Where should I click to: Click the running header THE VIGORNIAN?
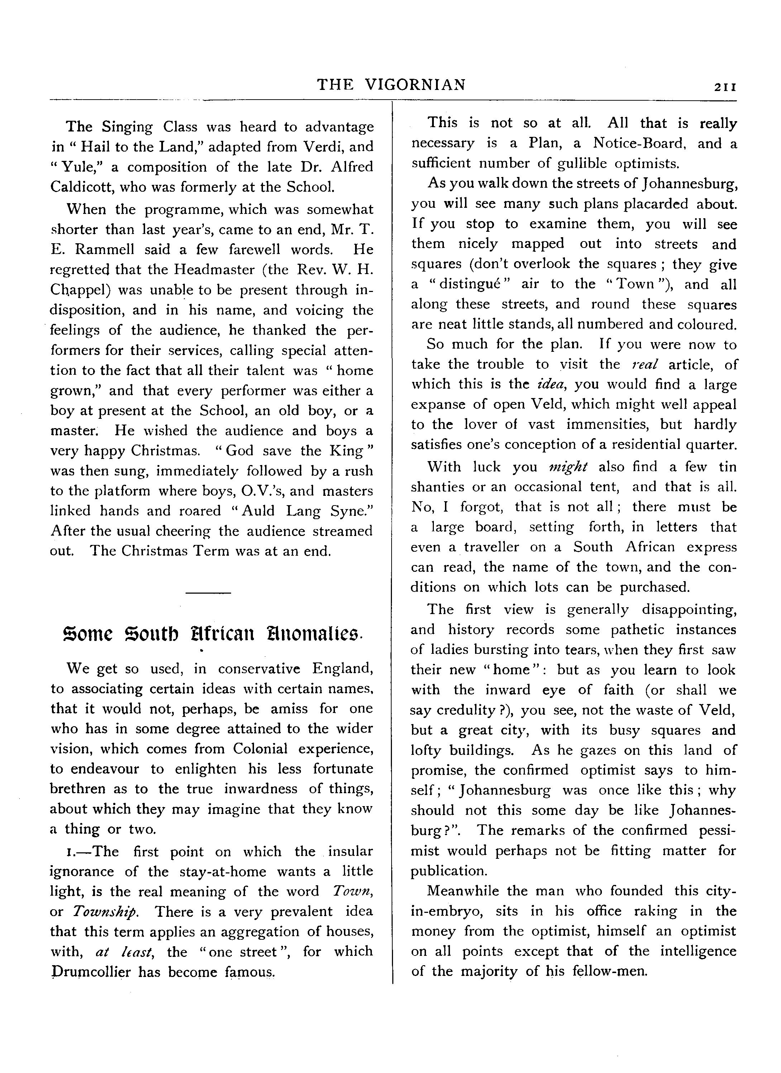point(391,85)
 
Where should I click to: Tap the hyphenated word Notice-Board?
point(639,143)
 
